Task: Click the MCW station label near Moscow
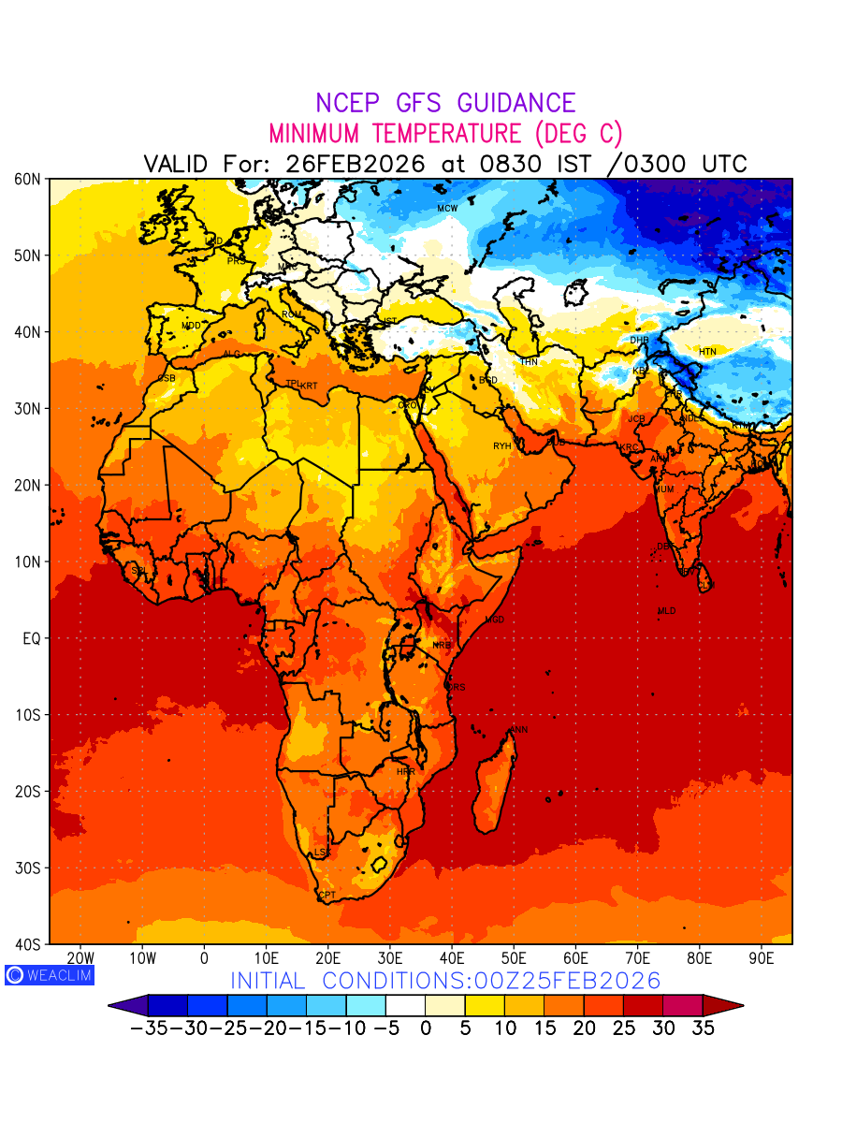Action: tap(447, 208)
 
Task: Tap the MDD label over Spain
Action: tap(191, 326)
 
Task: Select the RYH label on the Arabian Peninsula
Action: tap(502, 446)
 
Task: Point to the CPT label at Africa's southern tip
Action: tap(327, 897)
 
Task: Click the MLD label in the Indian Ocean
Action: tap(666, 611)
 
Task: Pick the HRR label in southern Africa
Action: tap(405, 772)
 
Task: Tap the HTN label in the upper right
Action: tap(707, 352)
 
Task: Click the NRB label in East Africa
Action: tap(441, 645)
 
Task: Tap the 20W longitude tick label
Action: tap(80, 958)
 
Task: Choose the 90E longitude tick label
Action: tap(762, 958)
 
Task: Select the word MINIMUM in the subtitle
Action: tap(313, 133)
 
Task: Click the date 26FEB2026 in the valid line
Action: tap(356, 164)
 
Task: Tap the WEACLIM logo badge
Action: tap(49, 974)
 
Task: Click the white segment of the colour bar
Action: tap(406, 1006)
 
